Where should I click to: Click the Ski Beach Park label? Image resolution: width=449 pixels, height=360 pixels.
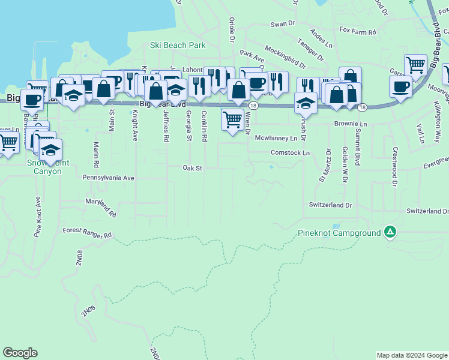point(177,45)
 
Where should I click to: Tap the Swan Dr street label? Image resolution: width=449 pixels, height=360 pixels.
point(283,24)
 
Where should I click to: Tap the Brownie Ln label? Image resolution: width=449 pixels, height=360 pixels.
point(351,124)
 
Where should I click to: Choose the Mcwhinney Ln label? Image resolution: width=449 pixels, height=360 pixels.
point(276,138)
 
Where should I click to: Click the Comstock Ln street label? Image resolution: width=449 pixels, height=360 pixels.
point(290,153)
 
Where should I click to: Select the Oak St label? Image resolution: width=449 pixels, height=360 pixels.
point(192,169)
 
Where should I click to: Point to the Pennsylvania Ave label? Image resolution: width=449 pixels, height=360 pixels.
point(108,178)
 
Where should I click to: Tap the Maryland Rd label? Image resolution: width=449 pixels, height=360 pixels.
point(100,207)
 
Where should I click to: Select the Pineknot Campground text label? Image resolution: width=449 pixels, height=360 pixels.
point(339,232)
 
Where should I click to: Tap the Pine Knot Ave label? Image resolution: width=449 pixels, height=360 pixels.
point(38,217)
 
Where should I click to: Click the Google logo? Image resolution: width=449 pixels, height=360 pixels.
point(20,353)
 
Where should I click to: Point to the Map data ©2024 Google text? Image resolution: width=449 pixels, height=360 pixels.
point(412,355)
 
